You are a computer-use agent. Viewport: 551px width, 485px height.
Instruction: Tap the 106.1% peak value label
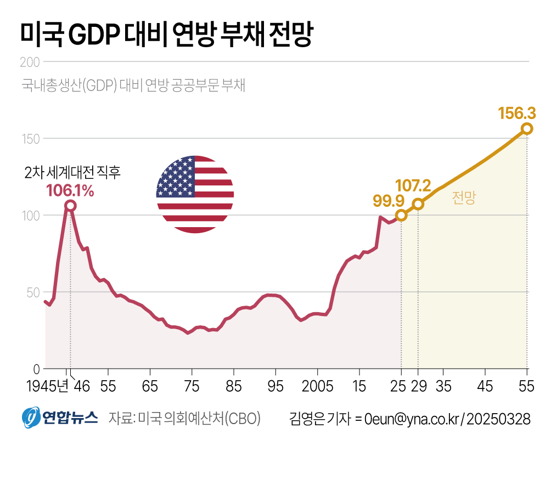pos(70,190)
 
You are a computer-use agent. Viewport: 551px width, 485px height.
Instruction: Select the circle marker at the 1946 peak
pos(70,206)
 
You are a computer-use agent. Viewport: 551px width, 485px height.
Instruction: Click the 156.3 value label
pos(516,114)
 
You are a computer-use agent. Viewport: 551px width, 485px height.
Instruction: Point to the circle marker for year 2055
pos(527,128)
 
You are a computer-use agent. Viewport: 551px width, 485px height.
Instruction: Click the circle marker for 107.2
pos(418,204)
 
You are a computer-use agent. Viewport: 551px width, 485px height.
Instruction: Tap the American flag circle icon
pos(195,194)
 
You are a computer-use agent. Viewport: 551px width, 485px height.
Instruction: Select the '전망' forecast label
pos(464,199)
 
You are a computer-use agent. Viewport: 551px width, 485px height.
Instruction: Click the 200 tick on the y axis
pos(29,62)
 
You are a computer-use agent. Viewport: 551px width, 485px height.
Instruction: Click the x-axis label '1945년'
pos(47,387)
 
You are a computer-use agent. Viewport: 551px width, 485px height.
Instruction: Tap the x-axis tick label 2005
pos(317,387)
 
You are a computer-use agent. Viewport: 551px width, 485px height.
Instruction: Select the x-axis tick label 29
pos(419,387)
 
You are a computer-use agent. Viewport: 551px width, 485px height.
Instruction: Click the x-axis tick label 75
pos(192,387)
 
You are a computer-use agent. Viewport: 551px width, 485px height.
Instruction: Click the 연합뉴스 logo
pos(60,419)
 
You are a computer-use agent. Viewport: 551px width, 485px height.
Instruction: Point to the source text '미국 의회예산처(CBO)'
pos(200,419)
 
